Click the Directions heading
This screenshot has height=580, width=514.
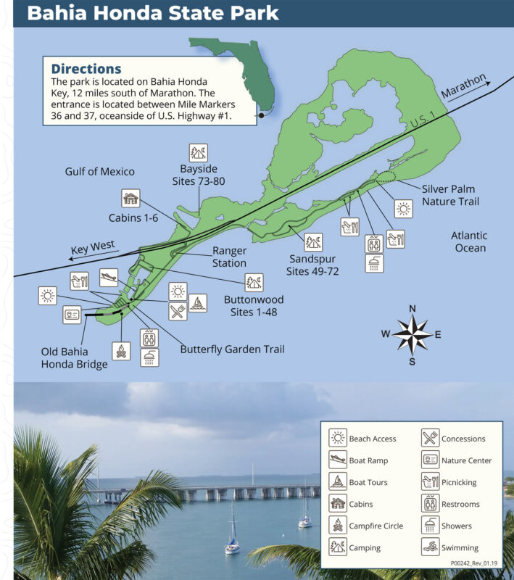coord(86,69)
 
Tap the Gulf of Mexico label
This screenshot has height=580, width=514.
coord(99,172)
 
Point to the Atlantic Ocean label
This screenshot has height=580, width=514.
coord(468,241)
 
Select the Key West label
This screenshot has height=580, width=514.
coord(94,249)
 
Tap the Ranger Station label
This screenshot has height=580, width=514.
coord(229,257)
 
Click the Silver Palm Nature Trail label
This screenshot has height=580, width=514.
coord(450,194)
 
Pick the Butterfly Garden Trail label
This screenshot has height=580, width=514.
coord(232,349)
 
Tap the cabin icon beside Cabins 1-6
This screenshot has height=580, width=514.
coord(130,199)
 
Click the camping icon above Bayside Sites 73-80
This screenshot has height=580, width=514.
coord(199,153)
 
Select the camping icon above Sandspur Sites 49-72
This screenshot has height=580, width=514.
coord(314,241)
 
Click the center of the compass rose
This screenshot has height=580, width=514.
coord(412,334)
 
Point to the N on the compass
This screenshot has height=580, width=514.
coord(412,309)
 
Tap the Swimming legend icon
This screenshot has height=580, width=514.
coord(431,548)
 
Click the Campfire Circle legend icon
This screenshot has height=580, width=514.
coord(338,526)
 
